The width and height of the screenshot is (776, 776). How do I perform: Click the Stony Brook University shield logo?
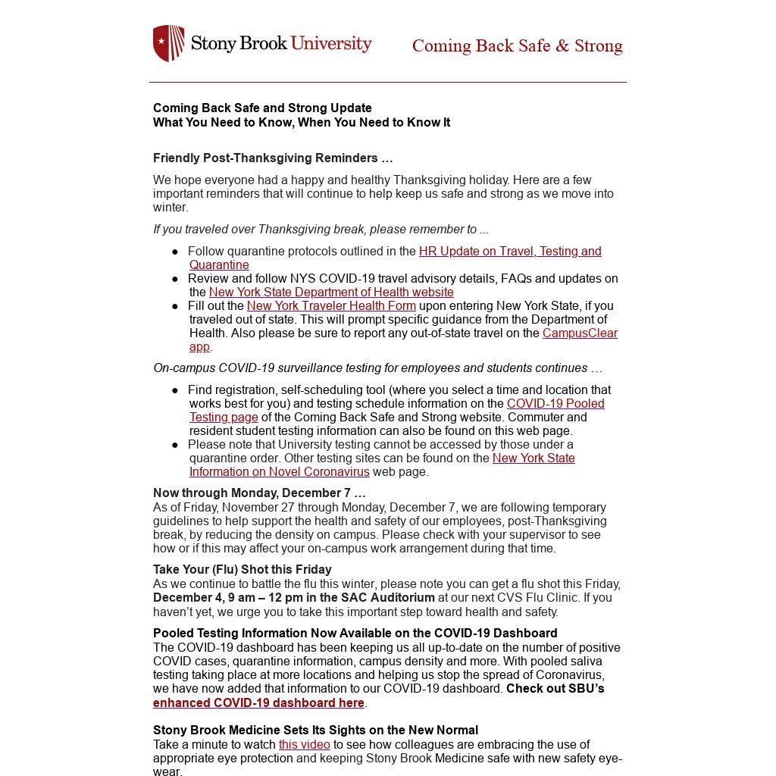point(168,43)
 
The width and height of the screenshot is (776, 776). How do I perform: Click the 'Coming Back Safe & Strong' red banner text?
point(517,46)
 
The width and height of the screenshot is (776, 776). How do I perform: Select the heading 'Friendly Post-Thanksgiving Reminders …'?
point(273,158)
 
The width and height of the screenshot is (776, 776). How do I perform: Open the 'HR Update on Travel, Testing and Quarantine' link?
point(509,252)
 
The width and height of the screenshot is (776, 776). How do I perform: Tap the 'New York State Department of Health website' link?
point(331,293)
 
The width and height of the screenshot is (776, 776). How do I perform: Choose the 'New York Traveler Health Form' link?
point(331,306)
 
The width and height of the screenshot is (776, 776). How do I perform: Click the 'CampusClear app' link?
point(580,333)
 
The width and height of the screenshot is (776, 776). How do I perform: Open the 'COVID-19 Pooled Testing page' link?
point(555,404)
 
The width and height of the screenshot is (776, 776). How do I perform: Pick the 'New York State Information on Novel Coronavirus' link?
point(533,458)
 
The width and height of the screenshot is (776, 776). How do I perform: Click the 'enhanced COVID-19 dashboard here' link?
point(258,703)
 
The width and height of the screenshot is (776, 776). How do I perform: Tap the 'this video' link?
point(304,745)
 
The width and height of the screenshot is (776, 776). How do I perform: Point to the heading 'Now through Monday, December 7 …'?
point(259,493)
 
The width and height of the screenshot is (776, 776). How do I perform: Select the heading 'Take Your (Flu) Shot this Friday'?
point(242,570)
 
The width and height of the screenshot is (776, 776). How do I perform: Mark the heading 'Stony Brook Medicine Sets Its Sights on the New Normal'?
point(315,731)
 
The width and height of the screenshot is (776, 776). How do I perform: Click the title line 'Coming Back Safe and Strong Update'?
point(262,108)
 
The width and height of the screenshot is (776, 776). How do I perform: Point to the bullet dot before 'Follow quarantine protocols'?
point(175,252)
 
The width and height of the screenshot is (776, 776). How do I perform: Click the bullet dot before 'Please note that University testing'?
point(175,445)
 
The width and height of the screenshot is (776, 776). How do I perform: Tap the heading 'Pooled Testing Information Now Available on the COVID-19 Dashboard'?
point(355,634)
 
